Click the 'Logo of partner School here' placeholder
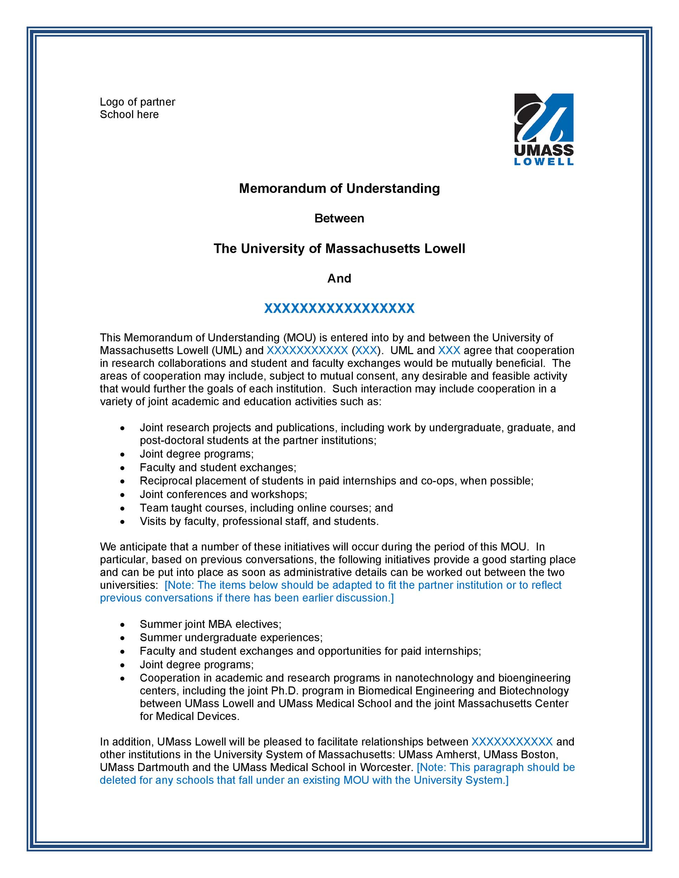click(137, 108)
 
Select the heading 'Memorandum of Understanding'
click(339, 188)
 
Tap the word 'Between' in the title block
click(339, 218)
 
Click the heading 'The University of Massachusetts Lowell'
click(339, 248)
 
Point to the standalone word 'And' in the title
click(339, 278)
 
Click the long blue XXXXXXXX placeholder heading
click(339, 308)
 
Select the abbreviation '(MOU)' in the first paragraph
click(299, 337)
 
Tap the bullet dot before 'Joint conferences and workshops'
click(123, 495)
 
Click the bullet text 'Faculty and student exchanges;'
click(218, 467)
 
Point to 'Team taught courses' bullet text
click(193, 508)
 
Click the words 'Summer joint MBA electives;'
click(211, 624)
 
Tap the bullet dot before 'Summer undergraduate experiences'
click(123, 638)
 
